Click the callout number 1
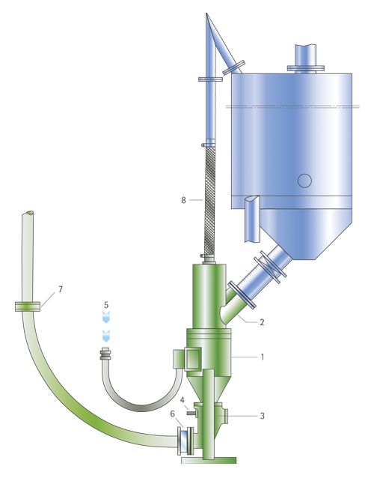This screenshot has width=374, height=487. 263,357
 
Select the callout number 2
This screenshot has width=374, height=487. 262,322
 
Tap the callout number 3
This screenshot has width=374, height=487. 262,416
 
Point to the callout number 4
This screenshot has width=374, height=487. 183,399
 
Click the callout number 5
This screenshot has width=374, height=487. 106,305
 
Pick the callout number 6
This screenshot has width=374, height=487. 173,414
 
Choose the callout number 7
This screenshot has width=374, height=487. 61,289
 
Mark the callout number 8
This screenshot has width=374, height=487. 183,200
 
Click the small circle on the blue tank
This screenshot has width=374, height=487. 304,181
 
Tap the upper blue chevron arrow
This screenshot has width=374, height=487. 106,317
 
